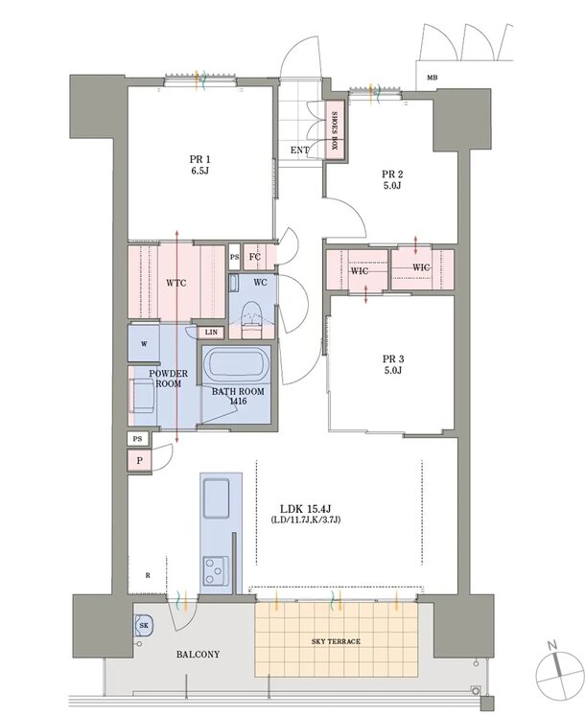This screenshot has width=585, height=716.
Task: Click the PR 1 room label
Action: pos(199,165)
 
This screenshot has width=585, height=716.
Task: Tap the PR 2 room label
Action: pos(392,179)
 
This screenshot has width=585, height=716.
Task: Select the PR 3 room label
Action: pos(393,364)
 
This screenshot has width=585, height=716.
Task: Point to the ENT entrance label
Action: pos(299,150)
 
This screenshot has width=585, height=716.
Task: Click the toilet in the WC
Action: pos(250,319)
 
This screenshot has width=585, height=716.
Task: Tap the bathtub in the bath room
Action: pos(237,364)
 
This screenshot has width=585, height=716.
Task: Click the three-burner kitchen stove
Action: pos(216,571)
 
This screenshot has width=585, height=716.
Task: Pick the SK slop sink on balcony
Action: pos(144,626)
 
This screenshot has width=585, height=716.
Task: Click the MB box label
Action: pos(432,78)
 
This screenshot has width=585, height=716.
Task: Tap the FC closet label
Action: pos(254,257)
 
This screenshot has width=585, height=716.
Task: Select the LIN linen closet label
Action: pos(211,333)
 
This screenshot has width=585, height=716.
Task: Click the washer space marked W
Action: pos(144,344)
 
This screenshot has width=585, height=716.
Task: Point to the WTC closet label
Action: pos(175,283)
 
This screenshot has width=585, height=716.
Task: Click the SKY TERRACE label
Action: pos(336,641)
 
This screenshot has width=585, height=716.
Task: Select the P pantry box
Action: pos(139,461)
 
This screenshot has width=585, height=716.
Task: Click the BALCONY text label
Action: pos(198,655)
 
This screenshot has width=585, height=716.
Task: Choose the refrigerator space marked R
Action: pos(147,574)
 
